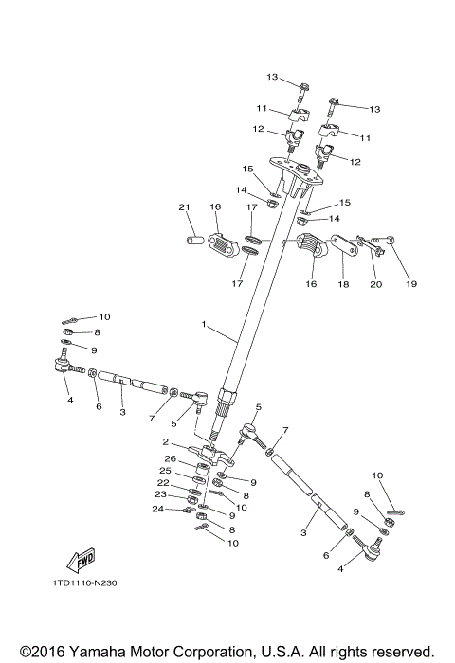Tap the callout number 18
click(343, 282)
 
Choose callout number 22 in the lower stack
click(164, 482)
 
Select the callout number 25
click(164, 471)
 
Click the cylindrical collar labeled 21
click(192, 239)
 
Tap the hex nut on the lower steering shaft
click(229, 396)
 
